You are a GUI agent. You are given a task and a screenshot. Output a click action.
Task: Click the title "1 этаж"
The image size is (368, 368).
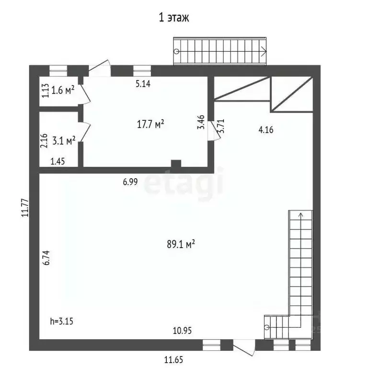[174, 19]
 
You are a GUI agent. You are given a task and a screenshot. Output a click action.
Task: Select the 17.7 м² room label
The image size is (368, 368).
[150, 124]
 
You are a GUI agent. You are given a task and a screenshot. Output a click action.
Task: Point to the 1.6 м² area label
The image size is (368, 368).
[63, 90]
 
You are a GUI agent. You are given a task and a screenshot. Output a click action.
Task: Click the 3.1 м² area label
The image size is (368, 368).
[64, 140]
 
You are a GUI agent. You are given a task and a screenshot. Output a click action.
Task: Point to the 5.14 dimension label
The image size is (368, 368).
[143, 84]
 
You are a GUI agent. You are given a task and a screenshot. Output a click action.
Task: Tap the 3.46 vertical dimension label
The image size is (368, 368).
[202, 122]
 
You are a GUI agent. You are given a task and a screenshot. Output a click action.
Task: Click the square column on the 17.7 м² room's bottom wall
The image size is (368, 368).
[176, 164]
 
